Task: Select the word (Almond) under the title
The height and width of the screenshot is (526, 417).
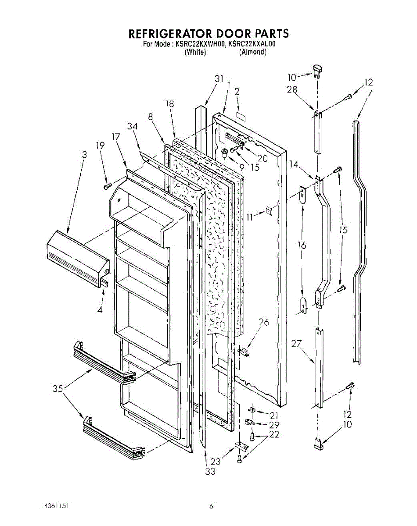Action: (253, 52)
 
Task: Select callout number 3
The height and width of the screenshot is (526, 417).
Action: (84, 155)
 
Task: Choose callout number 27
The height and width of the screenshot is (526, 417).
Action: (297, 344)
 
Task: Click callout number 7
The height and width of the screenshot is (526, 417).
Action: (370, 92)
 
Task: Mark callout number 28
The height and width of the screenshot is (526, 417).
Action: (292, 89)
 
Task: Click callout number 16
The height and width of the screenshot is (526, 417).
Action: (302, 245)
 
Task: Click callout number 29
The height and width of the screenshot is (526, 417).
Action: (274, 425)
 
